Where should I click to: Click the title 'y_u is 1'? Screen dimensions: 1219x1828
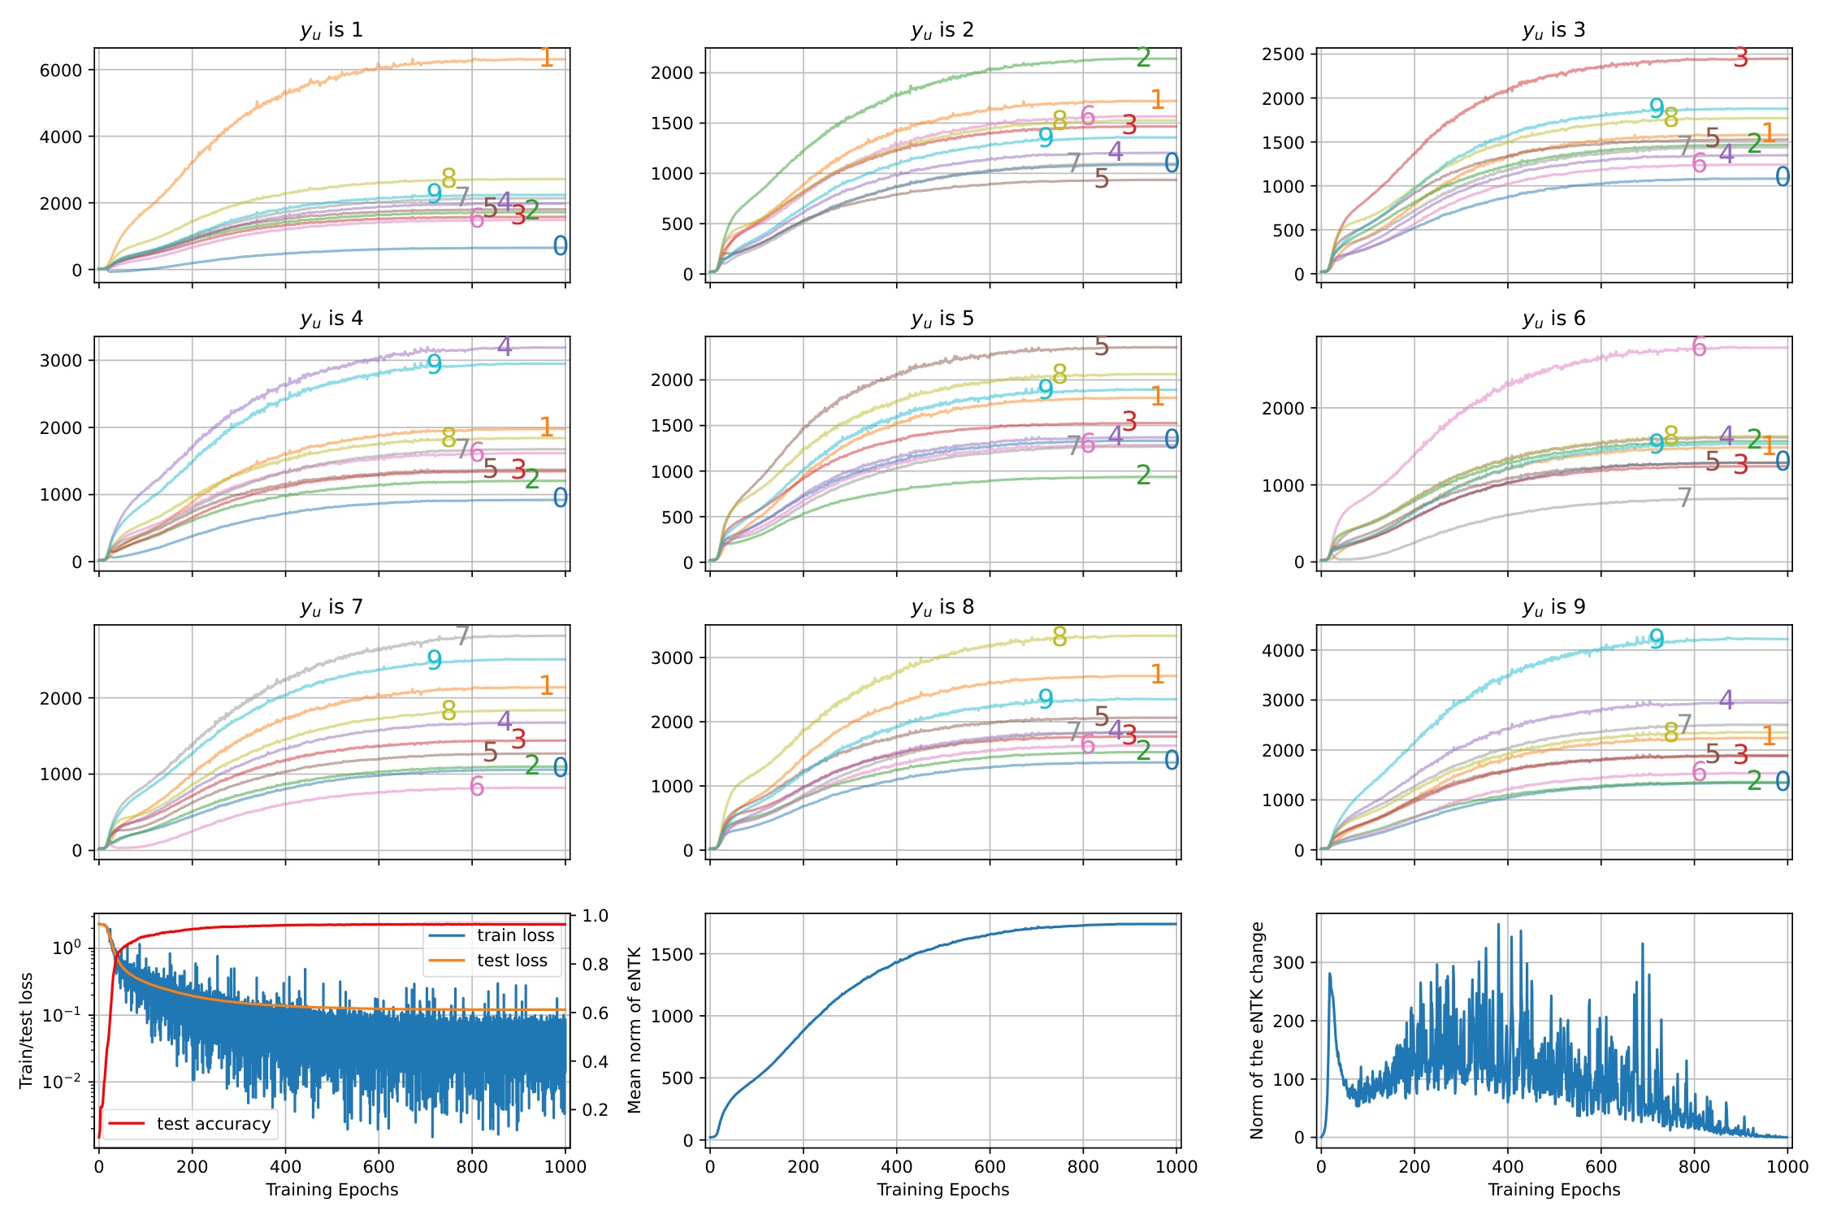331,30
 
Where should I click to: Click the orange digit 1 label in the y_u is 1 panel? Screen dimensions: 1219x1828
547,58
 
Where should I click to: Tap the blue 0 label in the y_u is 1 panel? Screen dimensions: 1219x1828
561,246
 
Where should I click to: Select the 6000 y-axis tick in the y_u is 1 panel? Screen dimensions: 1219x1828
61,70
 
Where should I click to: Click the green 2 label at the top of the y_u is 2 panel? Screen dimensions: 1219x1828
1144,58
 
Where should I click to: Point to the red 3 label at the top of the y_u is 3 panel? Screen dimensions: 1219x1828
1740,58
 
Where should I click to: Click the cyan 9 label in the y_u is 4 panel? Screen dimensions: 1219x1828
435,365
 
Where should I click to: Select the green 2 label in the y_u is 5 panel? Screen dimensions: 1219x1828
1144,475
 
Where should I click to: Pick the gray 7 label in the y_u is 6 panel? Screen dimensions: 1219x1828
1685,497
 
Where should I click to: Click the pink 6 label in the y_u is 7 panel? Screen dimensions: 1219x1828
477,787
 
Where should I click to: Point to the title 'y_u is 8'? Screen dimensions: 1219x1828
942,607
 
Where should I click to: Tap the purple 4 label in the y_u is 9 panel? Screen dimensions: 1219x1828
1726,700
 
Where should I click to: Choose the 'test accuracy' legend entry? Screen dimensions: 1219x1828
213,1124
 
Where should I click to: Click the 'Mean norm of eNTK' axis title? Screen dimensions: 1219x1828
635,1030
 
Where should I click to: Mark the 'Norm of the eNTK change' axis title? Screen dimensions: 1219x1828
1257,1030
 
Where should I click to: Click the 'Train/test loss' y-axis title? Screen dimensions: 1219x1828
26,1030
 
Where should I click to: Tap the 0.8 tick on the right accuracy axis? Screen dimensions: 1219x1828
596,965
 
